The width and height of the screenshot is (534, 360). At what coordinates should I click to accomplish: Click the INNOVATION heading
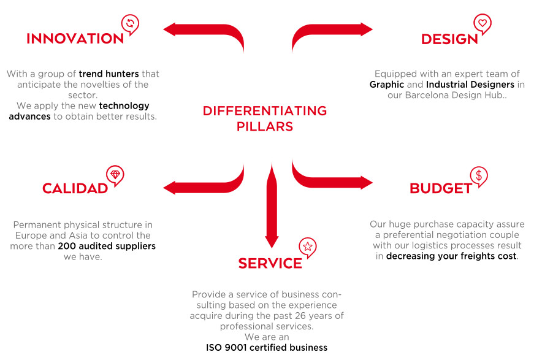(x=75, y=39)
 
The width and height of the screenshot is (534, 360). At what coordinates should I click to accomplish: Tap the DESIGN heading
(x=449, y=39)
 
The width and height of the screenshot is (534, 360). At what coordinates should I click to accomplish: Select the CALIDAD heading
(x=75, y=188)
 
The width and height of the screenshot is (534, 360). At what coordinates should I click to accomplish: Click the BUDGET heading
(x=441, y=188)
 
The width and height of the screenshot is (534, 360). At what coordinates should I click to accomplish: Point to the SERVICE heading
(x=270, y=263)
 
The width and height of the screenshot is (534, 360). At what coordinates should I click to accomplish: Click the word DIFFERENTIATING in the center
(x=265, y=110)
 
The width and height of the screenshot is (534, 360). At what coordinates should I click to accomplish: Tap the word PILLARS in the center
(x=265, y=127)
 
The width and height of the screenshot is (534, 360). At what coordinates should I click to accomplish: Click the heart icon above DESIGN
(x=483, y=23)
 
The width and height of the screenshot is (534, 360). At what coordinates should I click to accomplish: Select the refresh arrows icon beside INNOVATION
(x=130, y=24)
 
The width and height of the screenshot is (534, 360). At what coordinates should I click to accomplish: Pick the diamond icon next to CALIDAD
(x=115, y=175)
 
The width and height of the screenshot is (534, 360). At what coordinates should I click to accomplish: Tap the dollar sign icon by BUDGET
(x=479, y=175)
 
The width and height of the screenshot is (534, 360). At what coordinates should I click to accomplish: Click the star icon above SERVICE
(x=308, y=247)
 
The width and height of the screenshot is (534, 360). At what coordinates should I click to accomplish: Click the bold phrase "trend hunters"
(x=109, y=74)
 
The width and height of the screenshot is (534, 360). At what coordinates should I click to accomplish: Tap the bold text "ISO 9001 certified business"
(x=267, y=348)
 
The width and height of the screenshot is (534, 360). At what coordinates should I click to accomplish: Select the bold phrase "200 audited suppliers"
(x=107, y=247)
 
